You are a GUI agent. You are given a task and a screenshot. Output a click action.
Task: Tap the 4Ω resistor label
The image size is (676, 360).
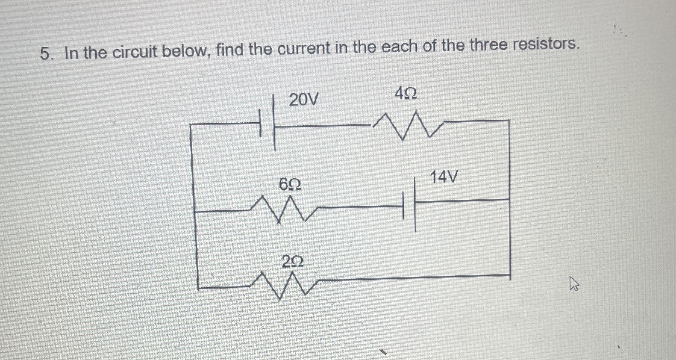coord(406,94)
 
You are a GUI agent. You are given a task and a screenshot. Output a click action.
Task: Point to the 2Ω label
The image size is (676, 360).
coord(292,262)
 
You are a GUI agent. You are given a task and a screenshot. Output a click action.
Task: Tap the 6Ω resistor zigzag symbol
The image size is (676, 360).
coord(284,209)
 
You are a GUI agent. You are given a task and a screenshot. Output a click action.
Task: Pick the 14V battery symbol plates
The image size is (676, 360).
coord(409,205)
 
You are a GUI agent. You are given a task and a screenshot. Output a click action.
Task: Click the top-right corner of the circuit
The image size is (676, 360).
coord(509,120)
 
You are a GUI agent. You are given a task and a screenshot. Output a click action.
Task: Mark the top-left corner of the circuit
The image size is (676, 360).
coord(190,125)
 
